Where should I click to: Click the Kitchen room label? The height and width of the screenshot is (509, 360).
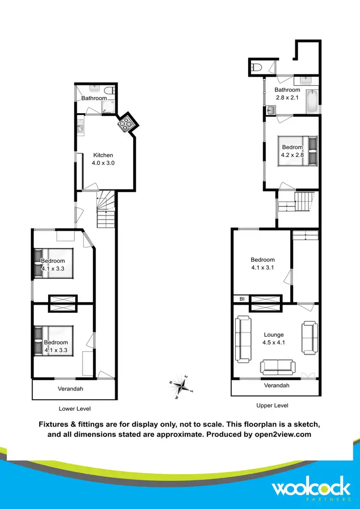coord(103,155)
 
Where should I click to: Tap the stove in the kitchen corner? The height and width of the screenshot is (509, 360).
coord(127,123)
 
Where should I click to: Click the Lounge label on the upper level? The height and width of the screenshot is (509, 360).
coord(274,335)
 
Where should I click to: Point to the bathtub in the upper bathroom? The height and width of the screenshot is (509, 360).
coord(312,101)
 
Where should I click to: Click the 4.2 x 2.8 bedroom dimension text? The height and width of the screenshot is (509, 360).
coord(292,155)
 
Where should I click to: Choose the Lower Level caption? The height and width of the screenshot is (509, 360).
coord(74,409)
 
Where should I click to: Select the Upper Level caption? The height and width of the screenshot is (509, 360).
coord(272,405)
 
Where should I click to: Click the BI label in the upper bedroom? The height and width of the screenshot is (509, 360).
coord(242,299)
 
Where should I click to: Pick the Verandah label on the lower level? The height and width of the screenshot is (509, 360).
coord(71,389)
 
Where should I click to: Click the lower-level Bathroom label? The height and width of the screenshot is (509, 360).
coord(94,98)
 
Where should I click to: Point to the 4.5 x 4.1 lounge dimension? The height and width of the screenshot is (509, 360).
coord(274,343)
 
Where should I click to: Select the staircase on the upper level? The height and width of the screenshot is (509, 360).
coord(304,199)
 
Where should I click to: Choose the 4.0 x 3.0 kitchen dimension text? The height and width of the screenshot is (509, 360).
coord(103,163)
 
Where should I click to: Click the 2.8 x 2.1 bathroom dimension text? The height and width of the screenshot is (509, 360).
coord(287,97)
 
